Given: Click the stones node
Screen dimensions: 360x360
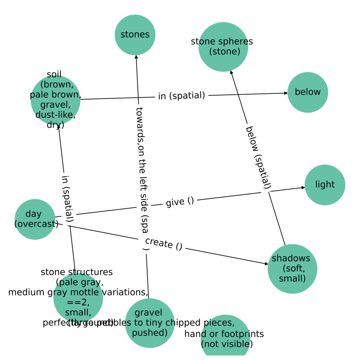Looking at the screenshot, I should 135,35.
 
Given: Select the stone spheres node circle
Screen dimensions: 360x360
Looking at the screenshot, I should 223,47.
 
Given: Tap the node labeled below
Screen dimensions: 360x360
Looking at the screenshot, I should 308,92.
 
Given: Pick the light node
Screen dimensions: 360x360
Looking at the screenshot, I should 325,185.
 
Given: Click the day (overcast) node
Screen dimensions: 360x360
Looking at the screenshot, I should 35,219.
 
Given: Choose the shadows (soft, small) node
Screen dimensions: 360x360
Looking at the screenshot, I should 292,269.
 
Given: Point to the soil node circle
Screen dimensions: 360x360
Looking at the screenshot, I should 55,100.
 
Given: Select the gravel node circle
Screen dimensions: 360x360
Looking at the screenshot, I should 150,323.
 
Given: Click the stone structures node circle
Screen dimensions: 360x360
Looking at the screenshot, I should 78,298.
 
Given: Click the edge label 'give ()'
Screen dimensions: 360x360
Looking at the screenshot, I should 180,201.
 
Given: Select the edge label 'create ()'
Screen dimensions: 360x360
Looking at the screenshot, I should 164,243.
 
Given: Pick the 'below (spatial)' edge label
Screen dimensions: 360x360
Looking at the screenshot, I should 258,157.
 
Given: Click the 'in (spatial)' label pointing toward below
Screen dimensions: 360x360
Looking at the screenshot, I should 182,96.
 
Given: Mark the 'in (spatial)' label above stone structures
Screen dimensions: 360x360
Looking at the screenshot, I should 67,198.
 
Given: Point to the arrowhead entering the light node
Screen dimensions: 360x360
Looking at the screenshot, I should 303,187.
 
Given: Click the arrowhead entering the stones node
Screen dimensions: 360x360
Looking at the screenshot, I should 136,57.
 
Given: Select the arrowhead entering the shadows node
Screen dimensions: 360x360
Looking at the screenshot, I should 267,264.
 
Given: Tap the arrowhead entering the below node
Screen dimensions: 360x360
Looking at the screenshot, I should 286,93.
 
